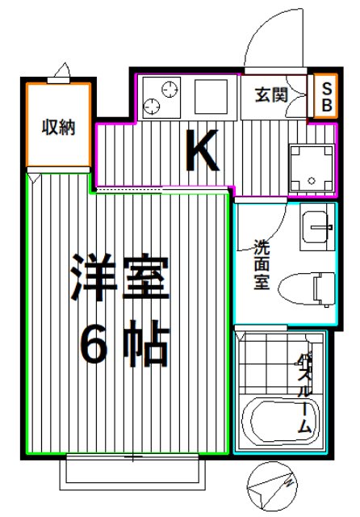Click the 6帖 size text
tap(123, 345)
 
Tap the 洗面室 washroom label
tap(262, 267)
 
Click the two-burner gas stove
tap(161, 97)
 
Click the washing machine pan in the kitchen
tap(312, 168)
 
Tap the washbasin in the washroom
tap(317, 227)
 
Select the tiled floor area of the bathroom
tap(266, 363)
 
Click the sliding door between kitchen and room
tap(161, 191)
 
